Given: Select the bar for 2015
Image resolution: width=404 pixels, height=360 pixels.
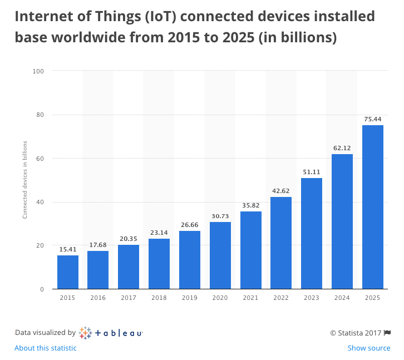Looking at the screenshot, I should (68, 272).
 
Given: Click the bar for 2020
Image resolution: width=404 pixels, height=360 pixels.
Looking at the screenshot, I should (220, 255).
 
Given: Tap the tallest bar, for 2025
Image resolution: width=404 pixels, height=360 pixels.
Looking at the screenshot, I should (373, 207).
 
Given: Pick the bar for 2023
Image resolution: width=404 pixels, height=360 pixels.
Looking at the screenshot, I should (312, 233).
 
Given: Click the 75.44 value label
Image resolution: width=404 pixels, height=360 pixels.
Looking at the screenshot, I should (373, 119).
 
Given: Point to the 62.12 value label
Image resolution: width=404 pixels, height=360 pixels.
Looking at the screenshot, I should (342, 148).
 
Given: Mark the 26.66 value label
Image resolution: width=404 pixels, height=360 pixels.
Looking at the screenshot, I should (190, 225).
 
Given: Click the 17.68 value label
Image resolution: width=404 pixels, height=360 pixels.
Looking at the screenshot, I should (98, 245).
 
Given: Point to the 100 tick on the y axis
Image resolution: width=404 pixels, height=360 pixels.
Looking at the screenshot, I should (38, 71).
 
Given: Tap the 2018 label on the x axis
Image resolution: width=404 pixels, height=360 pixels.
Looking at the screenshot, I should (159, 298).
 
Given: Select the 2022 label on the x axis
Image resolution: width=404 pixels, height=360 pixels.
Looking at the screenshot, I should (281, 298).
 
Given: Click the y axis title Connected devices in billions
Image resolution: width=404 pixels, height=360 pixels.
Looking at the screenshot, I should (24, 180).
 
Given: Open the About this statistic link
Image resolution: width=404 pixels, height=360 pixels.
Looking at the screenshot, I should (46, 348).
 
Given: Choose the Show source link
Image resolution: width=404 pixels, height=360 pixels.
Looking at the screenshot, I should (369, 348).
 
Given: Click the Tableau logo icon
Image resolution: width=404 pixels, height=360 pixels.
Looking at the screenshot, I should (85, 333).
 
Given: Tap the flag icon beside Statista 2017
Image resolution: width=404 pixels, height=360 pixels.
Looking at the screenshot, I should (387, 333).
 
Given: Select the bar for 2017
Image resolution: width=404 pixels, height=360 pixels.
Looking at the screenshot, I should (129, 267).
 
